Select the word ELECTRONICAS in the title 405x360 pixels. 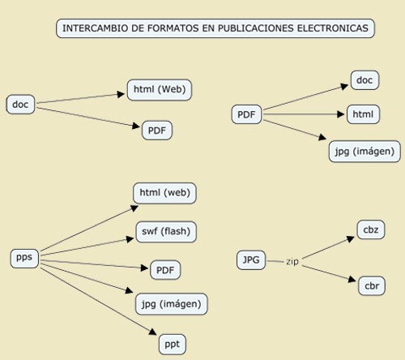(x=333, y=28)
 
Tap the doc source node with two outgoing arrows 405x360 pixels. (x=20, y=105)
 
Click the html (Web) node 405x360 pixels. (x=160, y=90)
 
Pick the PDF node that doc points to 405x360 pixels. (x=157, y=131)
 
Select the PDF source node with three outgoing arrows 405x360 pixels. (x=246, y=114)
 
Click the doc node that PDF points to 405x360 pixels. (x=364, y=80)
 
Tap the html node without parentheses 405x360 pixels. (x=363, y=114)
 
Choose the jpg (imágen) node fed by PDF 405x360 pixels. (x=364, y=152)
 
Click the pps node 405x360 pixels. (x=24, y=258)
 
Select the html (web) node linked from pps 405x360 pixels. (x=164, y=193)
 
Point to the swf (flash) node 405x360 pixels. (x=166, y=232)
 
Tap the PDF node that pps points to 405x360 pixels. (x=165, y=270)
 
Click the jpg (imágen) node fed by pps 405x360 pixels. (x=172, y=304)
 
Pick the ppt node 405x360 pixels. (x=173, y=345)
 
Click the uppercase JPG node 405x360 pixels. (x=251, y=260)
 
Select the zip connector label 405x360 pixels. (x=292, y=262)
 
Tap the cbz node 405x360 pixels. (x=371, y=229)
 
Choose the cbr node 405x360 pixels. (x=372, y=285)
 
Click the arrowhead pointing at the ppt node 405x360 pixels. (x=153, y=332)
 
